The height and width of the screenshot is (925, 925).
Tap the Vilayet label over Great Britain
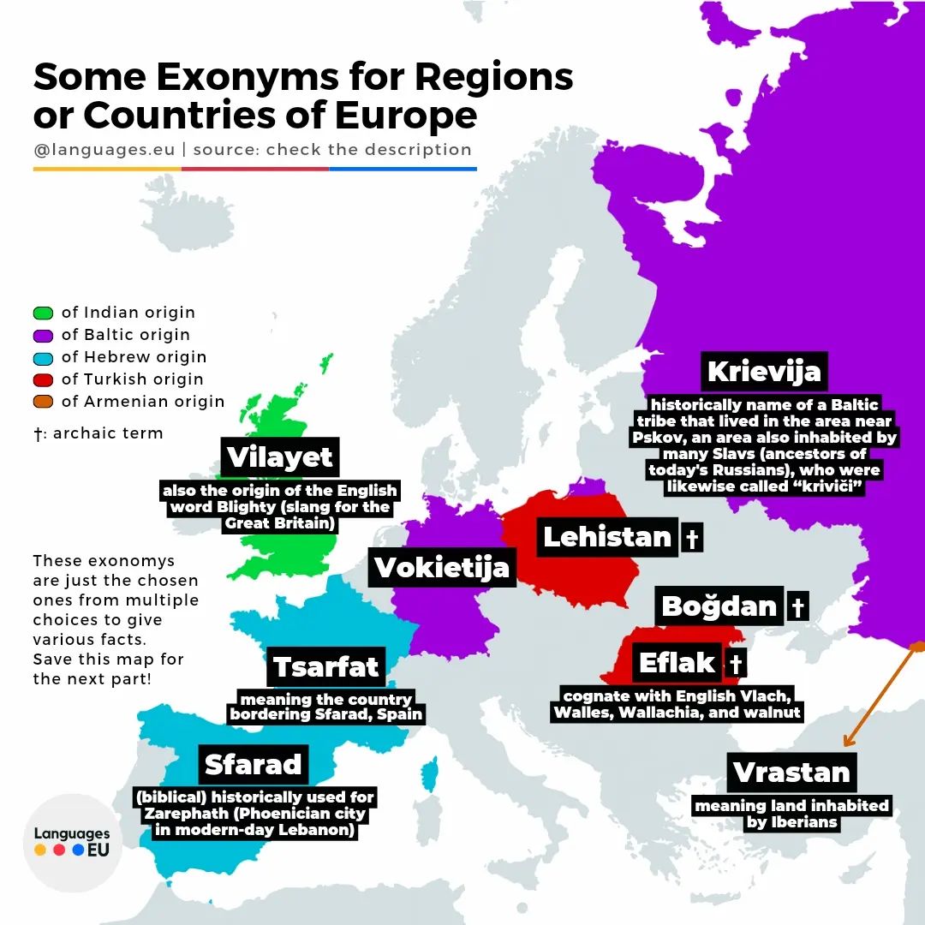click(x=279, y=457)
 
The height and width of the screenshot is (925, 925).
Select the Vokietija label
click(x=442, y=568)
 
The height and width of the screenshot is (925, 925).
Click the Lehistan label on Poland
click(x=607, y=537)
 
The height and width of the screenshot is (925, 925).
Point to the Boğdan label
click(x=719, y=606)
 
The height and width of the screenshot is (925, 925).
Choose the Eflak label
click(x=677, y=663)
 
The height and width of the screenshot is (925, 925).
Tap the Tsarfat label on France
click(x=326, y=667)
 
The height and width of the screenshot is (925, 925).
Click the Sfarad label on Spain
click(x=254, y=764)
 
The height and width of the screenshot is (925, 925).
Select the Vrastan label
click(x=791, y=773)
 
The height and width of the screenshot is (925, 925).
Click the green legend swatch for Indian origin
click(x=44, y=313)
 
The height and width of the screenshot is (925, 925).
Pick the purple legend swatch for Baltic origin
click(x=44, y=335)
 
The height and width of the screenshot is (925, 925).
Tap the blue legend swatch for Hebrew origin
click(x=44, y=357)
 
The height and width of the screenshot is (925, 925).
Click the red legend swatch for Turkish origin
click(x=44, y=379)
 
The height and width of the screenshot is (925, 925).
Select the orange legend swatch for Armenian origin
click(x=44, y=402)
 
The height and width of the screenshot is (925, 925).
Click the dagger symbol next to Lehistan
click(x=691, y=539)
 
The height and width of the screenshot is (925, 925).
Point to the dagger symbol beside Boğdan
click(x=797, y=607)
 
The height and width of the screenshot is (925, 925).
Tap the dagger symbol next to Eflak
click(x=735, y=664)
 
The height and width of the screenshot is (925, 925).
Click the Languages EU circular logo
click(x=72, y=842)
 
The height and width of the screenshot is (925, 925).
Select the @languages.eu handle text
click(x=104, y=149)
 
